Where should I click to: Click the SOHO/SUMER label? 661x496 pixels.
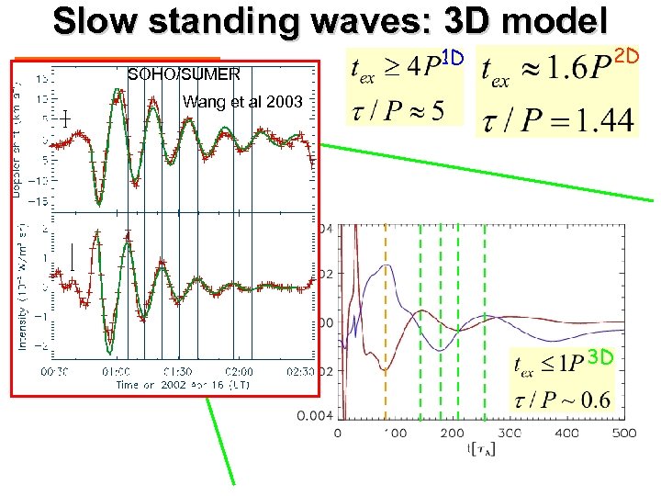[x=184, y=73]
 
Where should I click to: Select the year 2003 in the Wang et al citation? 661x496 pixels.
[x=285, y=102]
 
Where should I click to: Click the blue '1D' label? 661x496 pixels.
[x=454, y=59]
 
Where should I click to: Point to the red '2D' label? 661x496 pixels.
[x=625, y=57]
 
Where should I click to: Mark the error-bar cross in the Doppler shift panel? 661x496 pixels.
[x=66, y=118]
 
